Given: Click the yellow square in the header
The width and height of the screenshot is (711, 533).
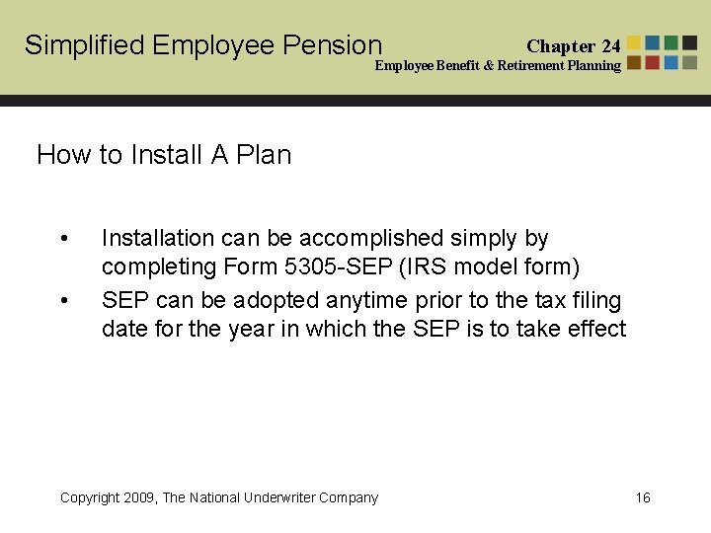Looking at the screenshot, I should pyautogui.click(x=635, y=43).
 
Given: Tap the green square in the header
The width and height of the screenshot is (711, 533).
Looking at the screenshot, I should pyautogui.click(x=671, y=43).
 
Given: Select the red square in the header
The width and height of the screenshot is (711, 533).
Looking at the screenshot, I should pyautogui.click(x=653, y=62).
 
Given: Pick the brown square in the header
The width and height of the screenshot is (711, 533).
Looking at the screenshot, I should pyautogui.click(x=635, y=62).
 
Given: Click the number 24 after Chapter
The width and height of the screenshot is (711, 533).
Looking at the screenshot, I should pyautogui.click(x=610, y=46).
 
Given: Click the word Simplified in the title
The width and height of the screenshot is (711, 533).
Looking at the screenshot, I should pyautogui.click(x=85, y=45).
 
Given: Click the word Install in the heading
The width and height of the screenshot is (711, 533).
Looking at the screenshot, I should pyautogui.click(x=165, y=155).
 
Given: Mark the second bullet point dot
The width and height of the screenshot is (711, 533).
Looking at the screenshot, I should pyautogui.click(x=64, y=301).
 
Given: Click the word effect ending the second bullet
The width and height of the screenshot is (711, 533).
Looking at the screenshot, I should pyautogui.click(x=595, y=328).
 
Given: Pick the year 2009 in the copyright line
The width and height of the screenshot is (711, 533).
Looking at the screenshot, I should pyautogui.click(x=137, y=497).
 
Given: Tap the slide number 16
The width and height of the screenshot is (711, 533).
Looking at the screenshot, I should pyautogui.click(x=643, y=497).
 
